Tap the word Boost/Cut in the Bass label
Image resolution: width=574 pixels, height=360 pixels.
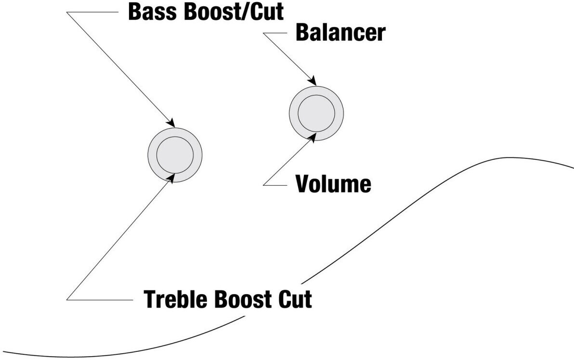tap(234, 12)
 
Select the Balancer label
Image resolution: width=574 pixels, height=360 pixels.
tap(340, 33)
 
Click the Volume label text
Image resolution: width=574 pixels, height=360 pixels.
tap(334, 184)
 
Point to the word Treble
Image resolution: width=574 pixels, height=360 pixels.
tap(176, 299)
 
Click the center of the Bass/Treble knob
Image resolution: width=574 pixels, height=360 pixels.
tap(175, 155)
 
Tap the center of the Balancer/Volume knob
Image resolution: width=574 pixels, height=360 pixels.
tap(316, 114)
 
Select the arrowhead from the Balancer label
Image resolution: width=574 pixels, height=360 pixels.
tap(312, 81)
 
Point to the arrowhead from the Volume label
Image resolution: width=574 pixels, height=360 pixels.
tap(312, 137)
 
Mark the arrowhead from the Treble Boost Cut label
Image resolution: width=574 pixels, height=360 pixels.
tap(170, 178)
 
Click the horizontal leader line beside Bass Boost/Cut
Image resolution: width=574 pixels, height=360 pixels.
tap(92, 12)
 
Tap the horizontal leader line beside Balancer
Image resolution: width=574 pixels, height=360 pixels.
tap(275, 33)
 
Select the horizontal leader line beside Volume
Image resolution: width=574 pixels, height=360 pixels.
tap(275, 185)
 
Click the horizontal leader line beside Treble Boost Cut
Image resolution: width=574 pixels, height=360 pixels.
tap(100, 300)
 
